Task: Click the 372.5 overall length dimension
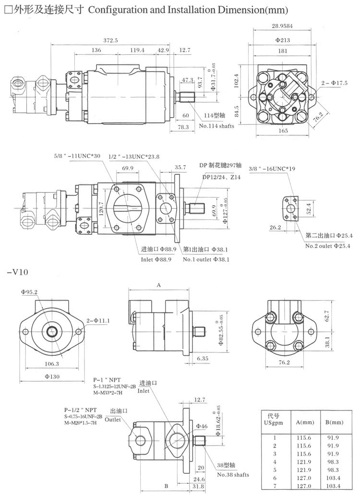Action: pos(111,40)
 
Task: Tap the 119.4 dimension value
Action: pos(137,50)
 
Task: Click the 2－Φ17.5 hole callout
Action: pos(335,83)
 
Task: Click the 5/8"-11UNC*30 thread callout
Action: pos(77,156)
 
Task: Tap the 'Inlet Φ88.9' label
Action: pos(158,259)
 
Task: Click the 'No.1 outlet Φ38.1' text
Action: pos(206,259)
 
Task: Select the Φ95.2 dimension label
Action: pos(29,291)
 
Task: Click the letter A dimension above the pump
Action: pos(159,284)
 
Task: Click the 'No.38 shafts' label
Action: pos(233,474)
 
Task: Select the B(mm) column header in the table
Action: pos(334,423)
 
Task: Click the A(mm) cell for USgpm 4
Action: pos(304,461)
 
